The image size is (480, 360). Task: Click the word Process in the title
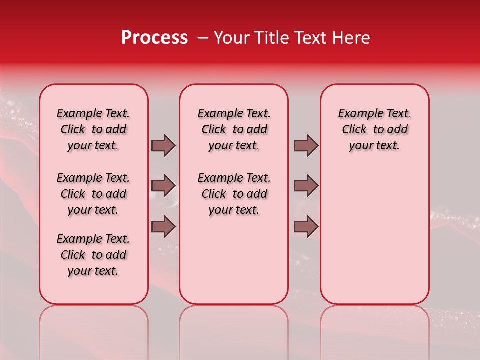154,38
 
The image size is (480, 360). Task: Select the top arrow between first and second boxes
163,145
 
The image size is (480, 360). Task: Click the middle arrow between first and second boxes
163,186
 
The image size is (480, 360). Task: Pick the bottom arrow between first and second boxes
163,226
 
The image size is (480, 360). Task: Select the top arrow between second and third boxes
306,145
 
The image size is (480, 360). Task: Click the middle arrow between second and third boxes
306,186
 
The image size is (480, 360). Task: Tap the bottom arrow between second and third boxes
306,226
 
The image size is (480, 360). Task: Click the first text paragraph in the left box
93,129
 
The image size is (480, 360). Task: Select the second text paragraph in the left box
93,194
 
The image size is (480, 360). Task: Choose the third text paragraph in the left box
93,255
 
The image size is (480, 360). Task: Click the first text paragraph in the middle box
234,129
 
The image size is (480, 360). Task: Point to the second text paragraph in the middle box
234,194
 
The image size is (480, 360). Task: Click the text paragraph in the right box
374,129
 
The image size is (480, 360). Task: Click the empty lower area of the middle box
234,260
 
